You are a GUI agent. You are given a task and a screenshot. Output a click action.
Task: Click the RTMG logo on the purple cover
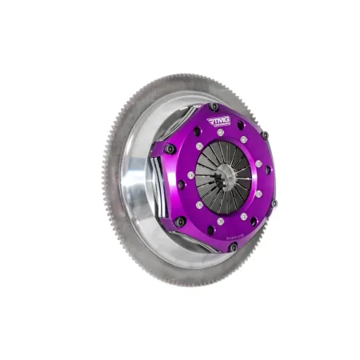[x=218, y=122]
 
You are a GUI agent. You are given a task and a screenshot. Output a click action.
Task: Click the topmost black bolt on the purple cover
[x=214, y=106]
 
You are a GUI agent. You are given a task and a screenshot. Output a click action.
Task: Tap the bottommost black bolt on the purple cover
[x=233, y=247]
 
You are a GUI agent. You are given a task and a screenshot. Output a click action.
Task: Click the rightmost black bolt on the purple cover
[x=274, y=203]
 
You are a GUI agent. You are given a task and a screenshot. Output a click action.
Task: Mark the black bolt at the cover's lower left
[x=180, y=222]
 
